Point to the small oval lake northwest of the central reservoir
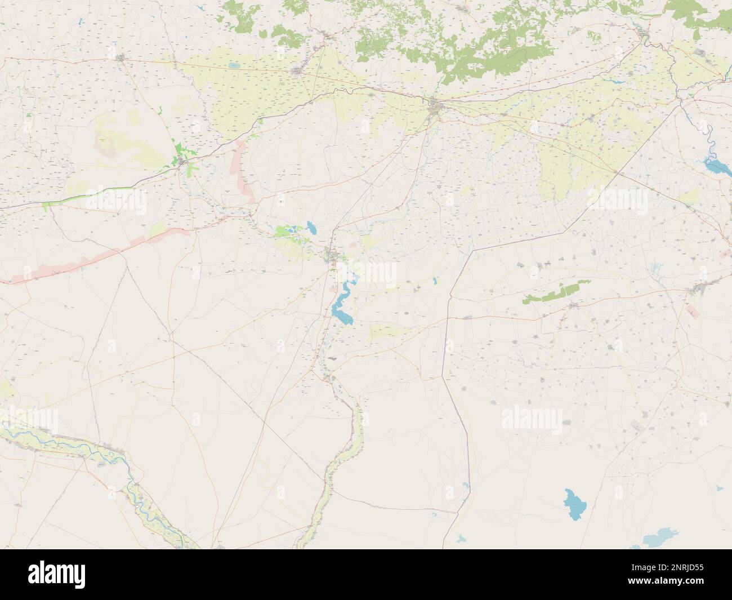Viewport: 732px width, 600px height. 311,228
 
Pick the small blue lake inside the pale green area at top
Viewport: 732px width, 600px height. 234,66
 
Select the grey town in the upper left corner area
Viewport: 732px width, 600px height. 121,57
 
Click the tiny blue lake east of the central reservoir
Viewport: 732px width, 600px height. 435,279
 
